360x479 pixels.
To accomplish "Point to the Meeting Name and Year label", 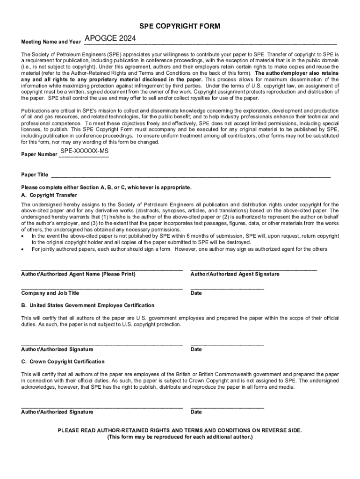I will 51,42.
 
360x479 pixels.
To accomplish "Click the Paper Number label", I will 39,155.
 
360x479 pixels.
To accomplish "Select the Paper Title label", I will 35,175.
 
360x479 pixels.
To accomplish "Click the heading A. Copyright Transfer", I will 49,195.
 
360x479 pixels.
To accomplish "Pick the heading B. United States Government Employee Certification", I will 87,305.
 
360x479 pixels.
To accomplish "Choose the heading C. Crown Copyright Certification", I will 63,362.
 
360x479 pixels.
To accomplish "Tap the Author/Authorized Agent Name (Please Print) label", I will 78,274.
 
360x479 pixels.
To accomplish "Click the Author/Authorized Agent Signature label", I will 235,274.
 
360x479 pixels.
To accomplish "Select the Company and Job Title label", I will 50,293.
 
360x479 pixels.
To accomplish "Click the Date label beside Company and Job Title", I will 196,293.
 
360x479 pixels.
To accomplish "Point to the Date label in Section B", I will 196,349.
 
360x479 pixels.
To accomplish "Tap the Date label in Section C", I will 196,412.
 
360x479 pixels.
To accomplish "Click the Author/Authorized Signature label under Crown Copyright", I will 57,412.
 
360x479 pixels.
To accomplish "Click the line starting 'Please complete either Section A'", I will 106,187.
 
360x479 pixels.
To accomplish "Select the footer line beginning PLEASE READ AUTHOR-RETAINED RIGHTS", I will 180,430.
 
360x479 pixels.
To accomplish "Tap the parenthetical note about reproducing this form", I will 180,437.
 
